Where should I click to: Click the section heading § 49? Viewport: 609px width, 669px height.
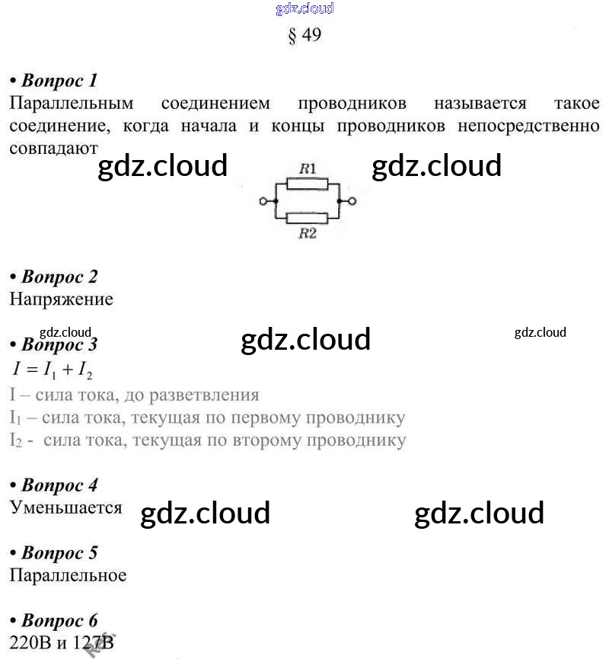tap(304, 36)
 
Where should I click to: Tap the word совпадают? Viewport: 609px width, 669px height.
tap(54, 148)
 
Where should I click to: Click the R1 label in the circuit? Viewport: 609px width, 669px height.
tap(308, 168)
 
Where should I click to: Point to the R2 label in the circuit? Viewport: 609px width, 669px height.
tap(308, 234)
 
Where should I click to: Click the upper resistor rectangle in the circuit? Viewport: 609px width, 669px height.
tap(307, 184)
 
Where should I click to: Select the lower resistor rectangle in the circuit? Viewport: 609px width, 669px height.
tap(307, 218)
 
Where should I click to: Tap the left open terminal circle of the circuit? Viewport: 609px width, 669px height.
tap(263, 201)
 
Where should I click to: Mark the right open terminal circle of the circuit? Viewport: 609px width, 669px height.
tap(352, 201)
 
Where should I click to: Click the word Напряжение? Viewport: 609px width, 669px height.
tap(61, 299)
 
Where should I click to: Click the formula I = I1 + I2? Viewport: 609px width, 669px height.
tap(53, 370)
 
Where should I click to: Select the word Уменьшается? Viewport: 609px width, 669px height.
tap(65, 507)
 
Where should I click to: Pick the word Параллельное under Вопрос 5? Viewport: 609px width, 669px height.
tap(68, 575)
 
